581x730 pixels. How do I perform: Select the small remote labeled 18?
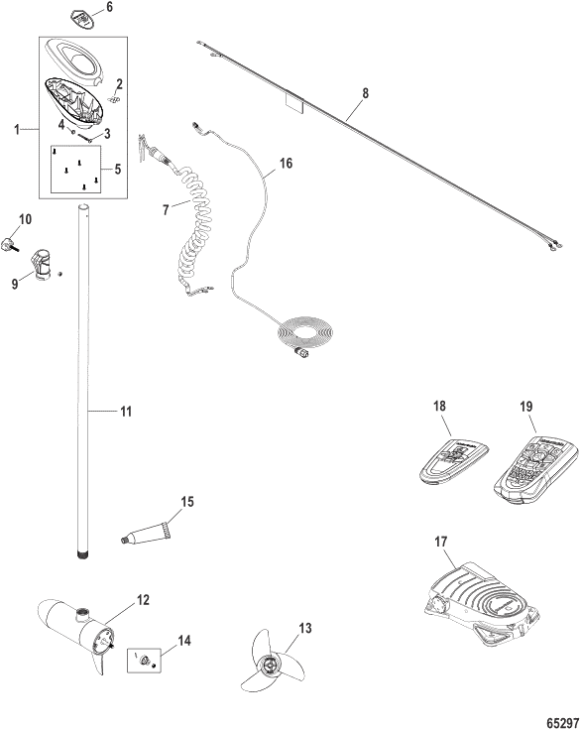tap(454, 463)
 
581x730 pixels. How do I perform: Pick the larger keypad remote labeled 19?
tap(535, 471)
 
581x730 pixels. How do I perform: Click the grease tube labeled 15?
tap(145, 533)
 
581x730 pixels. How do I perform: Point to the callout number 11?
tap(126, 412)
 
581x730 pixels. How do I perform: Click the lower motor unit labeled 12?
tap(76, 635)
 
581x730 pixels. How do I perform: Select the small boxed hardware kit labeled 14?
tap(145, 661)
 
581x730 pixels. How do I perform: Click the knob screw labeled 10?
tap(11, 243)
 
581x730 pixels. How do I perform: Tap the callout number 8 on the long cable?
tap(366, 93)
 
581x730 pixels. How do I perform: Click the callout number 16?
tap(286, 163)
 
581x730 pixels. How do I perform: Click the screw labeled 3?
tap(87, 138)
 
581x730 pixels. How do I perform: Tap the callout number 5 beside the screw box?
tap(118, 169)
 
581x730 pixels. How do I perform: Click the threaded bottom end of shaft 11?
tap(81, 554)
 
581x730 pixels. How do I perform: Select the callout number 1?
tap(17, 129)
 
